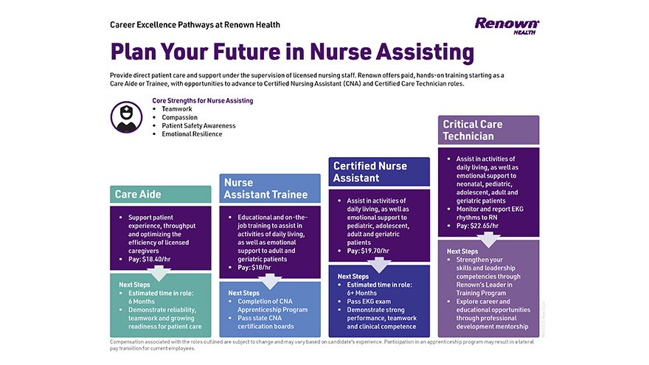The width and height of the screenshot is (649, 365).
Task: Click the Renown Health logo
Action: (x=507, y=26)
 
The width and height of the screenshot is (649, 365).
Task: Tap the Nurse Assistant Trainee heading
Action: (x=259, y=188)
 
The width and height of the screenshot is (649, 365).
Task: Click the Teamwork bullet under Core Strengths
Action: (x=177, y=109)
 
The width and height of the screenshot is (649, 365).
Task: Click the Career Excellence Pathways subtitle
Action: (x=195, y=24)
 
